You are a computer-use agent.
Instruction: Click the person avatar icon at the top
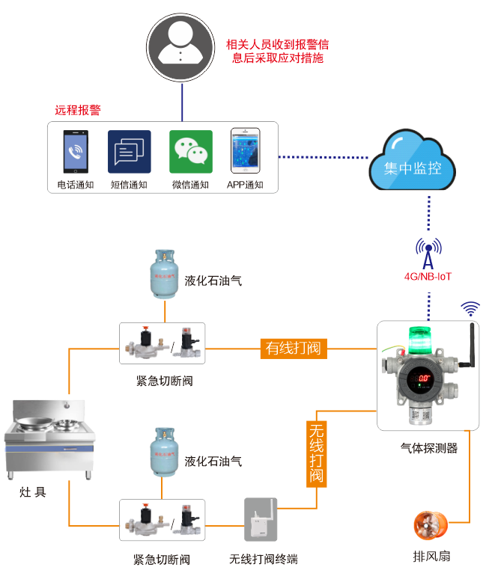pos(182,48)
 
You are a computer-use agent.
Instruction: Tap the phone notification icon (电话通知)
pos(75,153)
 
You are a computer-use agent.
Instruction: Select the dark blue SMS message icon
pos(129,153)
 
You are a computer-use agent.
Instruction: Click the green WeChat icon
pos(190,152)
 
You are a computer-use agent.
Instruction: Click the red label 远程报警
pos(78,110)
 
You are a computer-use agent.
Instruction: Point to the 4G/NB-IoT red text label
pos(428,277)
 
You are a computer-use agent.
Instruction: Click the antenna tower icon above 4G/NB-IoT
pos(428,253)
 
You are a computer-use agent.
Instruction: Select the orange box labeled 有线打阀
pos(294,348)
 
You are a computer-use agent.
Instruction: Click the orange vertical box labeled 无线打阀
pos(317,453)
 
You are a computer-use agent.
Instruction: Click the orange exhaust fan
pos(429,524)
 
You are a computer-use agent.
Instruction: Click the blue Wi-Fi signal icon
pos(470,308)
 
